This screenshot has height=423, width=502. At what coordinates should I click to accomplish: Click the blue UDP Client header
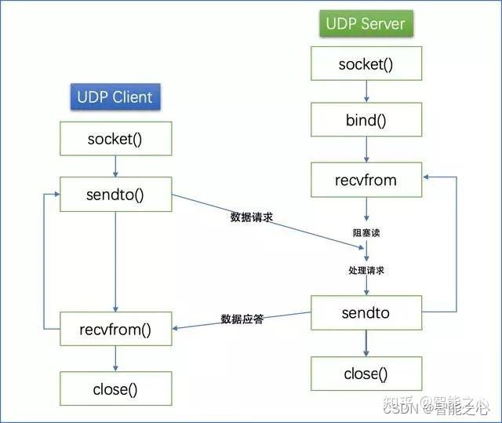click(x=115, y=97)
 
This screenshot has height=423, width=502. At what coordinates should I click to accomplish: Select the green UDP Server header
click(x=365, y=23)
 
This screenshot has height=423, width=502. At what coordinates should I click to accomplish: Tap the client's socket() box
click(x=116, y=139)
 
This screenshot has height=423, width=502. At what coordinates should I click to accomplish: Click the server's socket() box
click(x=366, y=64)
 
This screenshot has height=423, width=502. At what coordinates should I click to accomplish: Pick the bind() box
click(x=366, y=122)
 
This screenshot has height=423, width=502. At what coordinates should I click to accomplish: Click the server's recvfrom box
click(x=366, y=180)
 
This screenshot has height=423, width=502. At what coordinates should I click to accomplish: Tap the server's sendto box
click(x=366, y=313)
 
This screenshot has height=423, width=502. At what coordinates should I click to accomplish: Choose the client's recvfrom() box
click(x=116, y=328)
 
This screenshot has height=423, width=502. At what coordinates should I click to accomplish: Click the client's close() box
click(x=116, y=388)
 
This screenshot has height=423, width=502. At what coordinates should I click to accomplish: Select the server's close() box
click(x=366, y=374)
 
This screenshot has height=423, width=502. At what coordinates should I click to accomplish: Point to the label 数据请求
click(x=251, y=217)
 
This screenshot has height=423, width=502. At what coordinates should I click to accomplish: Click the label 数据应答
click(x=242, y=319)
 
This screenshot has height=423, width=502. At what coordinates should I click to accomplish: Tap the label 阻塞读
click(x=366, y=233)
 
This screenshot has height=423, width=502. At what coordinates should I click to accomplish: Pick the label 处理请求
click(x=366, y=270)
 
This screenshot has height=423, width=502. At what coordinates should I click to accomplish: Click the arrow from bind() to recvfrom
click(x=366, y=151)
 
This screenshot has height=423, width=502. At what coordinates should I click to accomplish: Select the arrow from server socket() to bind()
click(x=366, y=92)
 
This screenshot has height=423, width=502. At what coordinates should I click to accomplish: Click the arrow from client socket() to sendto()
click(x=116, y=166)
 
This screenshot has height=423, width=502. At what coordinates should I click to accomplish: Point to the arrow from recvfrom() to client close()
click(x=116, y=358)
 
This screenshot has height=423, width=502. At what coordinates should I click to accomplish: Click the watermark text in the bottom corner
click(x=453, y=407)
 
